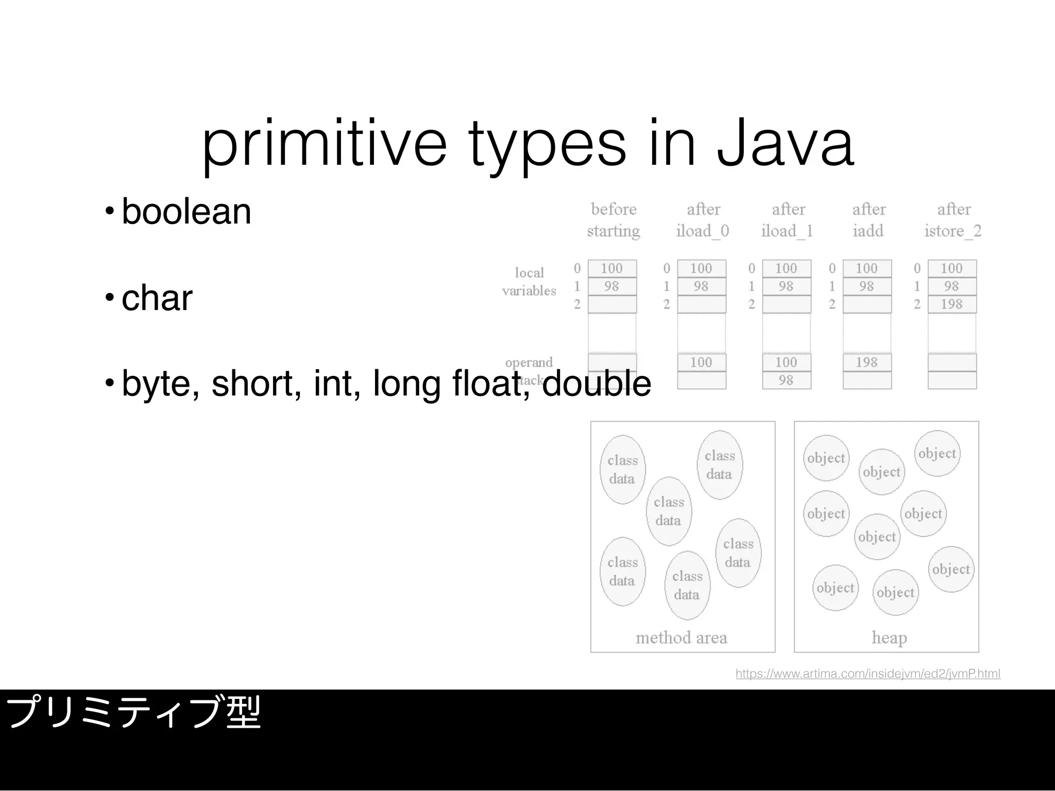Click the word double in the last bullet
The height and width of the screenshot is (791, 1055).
pyautogui.click(x=596, y=384)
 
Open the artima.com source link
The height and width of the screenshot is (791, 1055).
pyautogui.click(x=867, y=674)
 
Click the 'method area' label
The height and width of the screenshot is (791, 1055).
pyautogui.click(x=681, y=638)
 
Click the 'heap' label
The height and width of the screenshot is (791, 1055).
pyautogui.click(x=889, y=638)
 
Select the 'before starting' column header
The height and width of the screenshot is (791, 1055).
pyautogui.click(x=613, y=220)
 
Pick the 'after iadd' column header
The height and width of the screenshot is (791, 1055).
pyautogui.click(x=869, y=220)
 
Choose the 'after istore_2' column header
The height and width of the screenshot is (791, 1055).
pyautogui.click(x=953, y=220)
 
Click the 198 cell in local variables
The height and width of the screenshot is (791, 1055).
pyautogui.click(x=951, y=304)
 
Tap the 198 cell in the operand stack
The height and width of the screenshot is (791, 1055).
pyautogui.click(x=866, y=363)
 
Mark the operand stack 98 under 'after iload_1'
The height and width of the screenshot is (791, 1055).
pyautogui.click(x=786, y=381)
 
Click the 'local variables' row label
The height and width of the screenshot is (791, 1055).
pyautogui.click(x=529, y=282)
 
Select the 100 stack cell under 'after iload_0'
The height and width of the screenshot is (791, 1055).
pyautogui.click(x=701, y=363)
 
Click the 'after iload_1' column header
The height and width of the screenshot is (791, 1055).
pyautogui.click(x=788, y=220)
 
